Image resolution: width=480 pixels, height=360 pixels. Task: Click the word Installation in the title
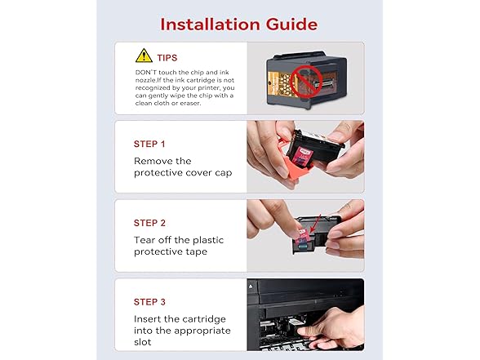pos(211,24)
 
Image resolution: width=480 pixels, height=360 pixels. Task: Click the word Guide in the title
pos(291,24)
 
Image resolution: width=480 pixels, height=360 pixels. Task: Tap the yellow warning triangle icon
pos(144,56)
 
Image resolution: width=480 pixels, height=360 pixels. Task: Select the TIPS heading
pos(167,58)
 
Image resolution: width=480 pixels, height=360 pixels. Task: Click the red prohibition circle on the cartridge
pos(306,81)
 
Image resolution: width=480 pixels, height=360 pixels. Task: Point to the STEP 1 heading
pos(149,144)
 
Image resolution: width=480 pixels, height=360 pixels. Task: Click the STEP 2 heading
pos(149,223)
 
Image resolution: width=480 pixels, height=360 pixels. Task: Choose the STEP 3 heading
pos(149,302)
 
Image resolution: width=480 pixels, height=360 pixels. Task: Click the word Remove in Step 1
pos(149,161)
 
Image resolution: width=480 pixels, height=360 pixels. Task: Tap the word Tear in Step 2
pos(144,240)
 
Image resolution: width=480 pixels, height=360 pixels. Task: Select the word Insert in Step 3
pos(147,319)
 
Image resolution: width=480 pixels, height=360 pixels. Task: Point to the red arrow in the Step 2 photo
pos(315,224)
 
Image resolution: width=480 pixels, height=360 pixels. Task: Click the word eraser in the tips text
pos(190,103)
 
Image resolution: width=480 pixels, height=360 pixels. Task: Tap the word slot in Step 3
pos(142,342)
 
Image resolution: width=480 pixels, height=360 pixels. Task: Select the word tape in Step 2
pos(197,252)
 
